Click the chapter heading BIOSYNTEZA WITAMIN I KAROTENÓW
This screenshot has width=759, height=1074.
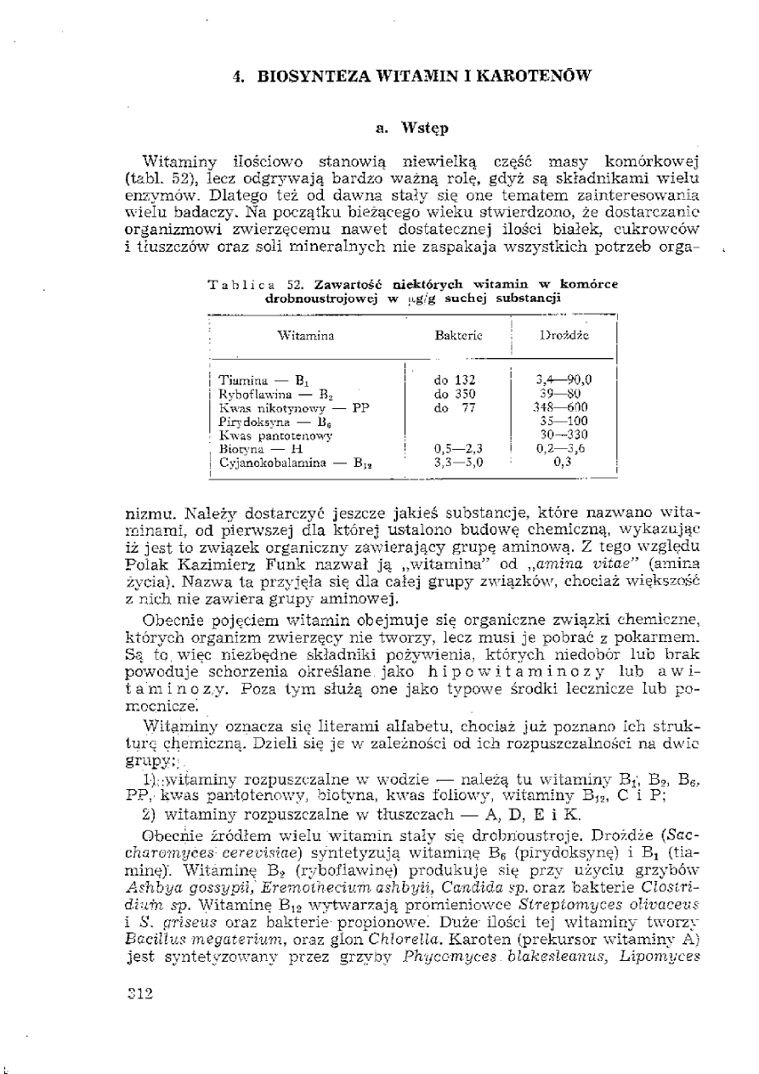coord(412,76)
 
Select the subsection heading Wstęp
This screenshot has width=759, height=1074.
coord(412,128)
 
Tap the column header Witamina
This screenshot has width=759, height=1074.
coord(305,335)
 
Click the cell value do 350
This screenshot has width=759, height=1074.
coord(454,394)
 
